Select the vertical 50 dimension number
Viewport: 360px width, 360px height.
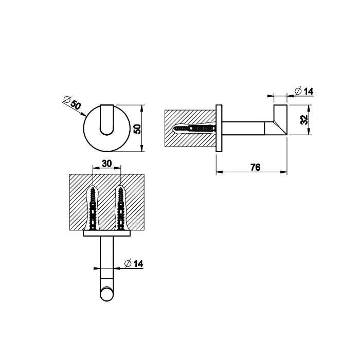pyautogui.click(x=137, y=128)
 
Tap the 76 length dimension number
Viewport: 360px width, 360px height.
pyautogui.click(x=255, y=167)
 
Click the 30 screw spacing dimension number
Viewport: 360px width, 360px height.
pyautogui.click(x=106, y=164)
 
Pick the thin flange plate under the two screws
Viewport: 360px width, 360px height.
pyautogui.click(x=106, y=233)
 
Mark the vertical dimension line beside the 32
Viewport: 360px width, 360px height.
pyautogui.click(x=309, y=120)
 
